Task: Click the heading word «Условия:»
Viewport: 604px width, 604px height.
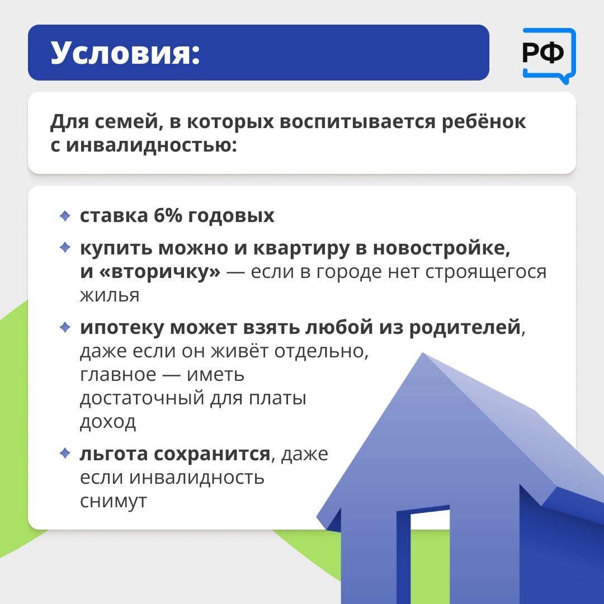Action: (125, 53)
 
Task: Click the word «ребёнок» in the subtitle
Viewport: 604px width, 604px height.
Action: (483, 122)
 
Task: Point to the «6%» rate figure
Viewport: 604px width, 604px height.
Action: (168, 215)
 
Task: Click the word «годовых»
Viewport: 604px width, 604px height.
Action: (231, 216)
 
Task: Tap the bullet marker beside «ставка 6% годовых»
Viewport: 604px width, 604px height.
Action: (65, 216)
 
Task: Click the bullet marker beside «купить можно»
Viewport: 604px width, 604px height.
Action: (65, 247)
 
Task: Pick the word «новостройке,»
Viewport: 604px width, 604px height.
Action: (441, 248)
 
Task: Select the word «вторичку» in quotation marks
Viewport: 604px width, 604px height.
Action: (160, 272)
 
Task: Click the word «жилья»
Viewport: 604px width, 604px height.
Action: (110, 295)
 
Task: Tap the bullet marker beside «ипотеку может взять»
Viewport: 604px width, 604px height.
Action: (65, 327)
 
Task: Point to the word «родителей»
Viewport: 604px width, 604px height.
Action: (465, 328)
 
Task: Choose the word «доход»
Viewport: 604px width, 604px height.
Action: (108, 423)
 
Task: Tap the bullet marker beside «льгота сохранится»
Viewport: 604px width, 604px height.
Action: (65, 453)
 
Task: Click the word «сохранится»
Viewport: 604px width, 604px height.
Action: (213, 454)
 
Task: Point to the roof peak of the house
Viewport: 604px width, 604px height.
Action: (423, 353)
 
